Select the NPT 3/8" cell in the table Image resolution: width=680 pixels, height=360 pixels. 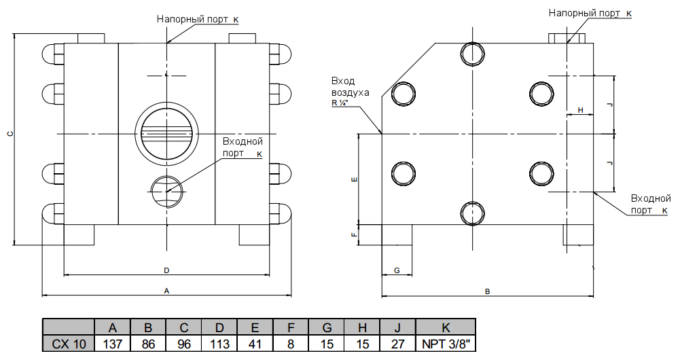pos(446,344)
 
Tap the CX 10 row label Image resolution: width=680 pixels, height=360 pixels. pos(69,344)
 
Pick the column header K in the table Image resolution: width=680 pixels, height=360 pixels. pos(446,327)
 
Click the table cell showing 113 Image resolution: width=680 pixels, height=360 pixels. pos(219,344)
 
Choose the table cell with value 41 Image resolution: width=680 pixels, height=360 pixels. pos(255,344)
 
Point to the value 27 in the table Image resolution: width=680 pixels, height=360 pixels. pos(398,344)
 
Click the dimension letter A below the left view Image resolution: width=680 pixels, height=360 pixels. pos(166,291)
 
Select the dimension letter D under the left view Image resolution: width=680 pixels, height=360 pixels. pos(166,270)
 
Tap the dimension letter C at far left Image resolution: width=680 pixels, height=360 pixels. pos(10,134)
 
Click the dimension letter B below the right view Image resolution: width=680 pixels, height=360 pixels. pos(487,291)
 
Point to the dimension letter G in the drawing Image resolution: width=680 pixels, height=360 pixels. pos(397,270)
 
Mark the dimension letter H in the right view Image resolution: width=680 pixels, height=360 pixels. pos(580,110)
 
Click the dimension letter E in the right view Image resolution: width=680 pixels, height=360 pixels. pos(353,180)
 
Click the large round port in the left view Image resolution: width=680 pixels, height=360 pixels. pos(166,134)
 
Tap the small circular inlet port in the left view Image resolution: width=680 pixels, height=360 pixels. pos(166,192)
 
